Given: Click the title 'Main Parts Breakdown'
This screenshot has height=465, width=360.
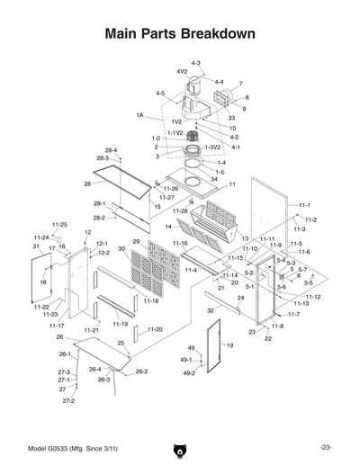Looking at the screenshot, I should point(180,33).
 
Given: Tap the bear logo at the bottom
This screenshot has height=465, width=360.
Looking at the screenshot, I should point(179,448).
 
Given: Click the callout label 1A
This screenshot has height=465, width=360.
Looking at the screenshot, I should point(140,116).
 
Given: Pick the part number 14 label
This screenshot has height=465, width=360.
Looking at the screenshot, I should point(167,226).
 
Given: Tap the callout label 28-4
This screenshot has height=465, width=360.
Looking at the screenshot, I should point(111,150).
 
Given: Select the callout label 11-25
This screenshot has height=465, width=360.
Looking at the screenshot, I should point(59,224).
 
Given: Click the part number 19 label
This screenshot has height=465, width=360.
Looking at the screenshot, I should point(229,345).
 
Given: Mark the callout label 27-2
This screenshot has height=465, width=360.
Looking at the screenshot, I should point(68,401).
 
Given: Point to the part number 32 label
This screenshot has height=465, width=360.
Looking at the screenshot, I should point(210,309).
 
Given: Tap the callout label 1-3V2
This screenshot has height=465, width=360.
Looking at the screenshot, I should point(212,147).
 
